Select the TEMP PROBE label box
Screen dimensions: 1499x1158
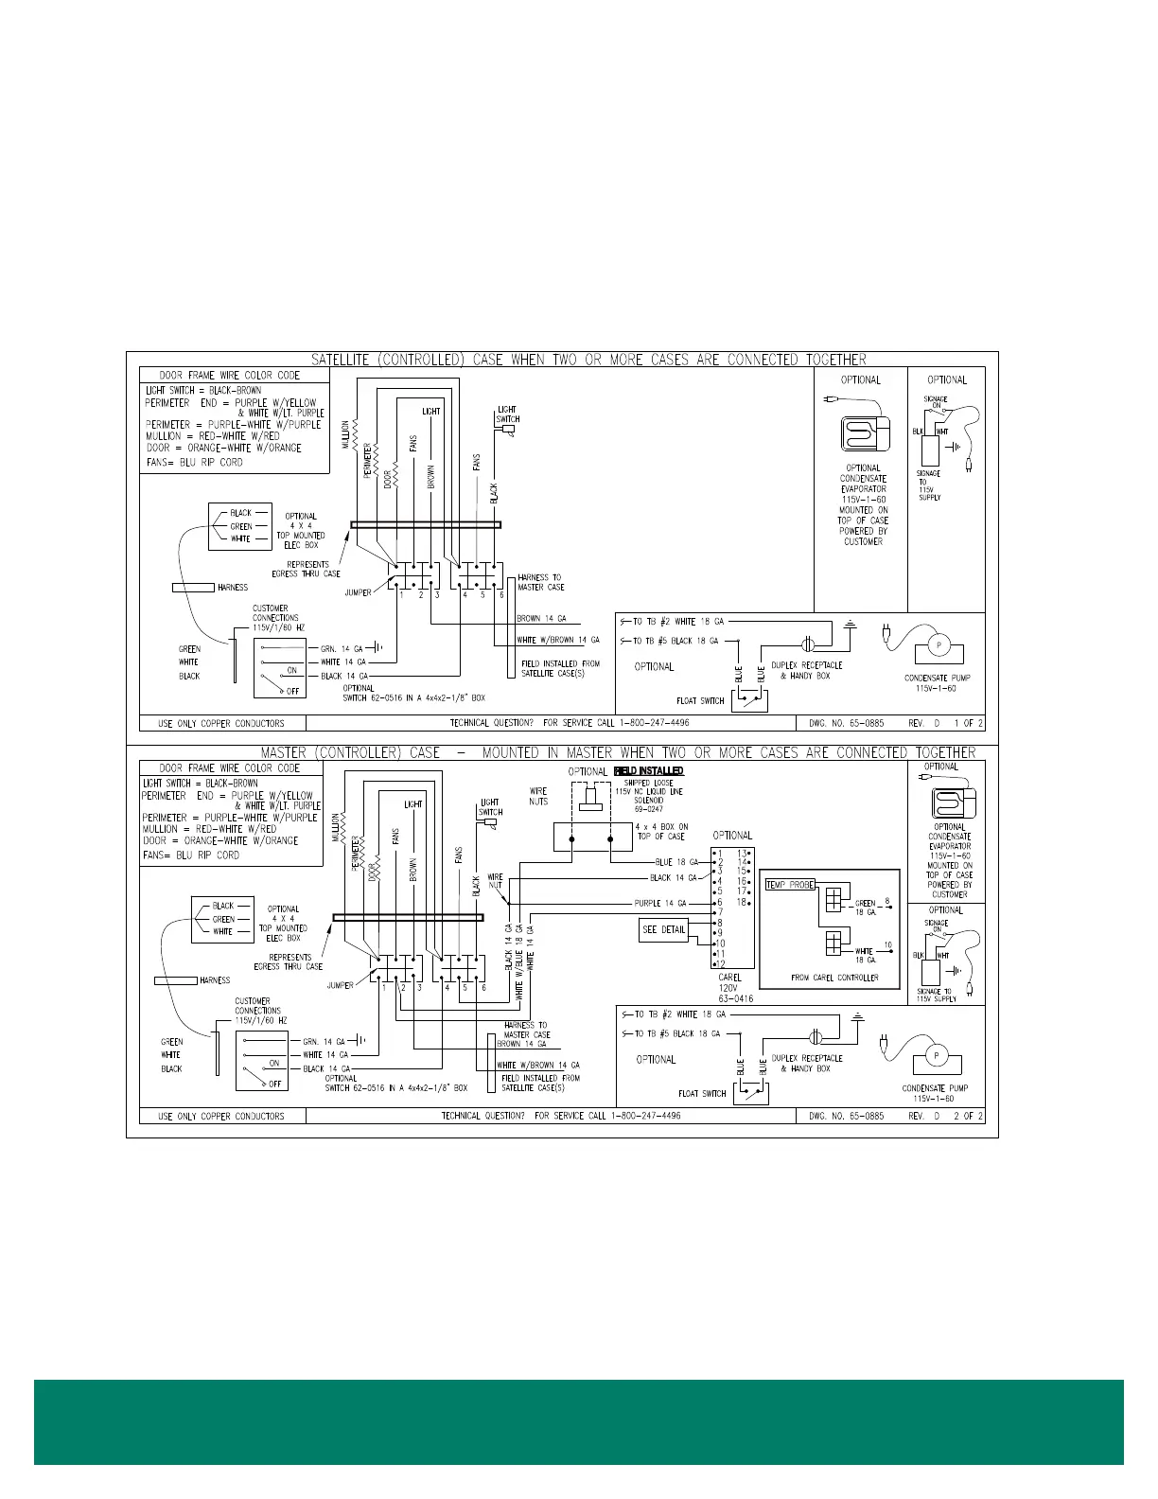coord(790,885)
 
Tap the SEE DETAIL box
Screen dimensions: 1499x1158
coord(664,930)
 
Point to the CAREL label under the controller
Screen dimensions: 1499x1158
coord(730,978)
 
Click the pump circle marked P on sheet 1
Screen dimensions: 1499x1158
coord(939,645)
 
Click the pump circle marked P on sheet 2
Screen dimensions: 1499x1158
coord(936,1056)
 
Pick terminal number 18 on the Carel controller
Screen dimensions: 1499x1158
coord(743,903)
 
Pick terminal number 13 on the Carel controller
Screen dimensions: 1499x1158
coord(743,854)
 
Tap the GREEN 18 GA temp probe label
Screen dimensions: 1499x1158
coord(866,908)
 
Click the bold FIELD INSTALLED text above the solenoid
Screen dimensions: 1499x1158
coord(649,771)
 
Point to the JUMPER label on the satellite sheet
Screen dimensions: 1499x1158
coord(359,593)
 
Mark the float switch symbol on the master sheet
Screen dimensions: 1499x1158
coord(753,1093)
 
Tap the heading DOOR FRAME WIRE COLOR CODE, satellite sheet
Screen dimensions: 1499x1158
coord(230,376)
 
